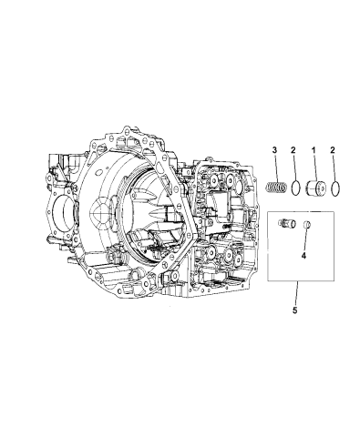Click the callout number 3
point(274,149)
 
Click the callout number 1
point(314,149)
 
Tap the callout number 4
point(303,256)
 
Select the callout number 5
point(294,310)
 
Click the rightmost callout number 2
point(333,149)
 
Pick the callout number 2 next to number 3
point(293,149)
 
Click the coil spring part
point(276,187)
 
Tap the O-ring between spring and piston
point(296,188)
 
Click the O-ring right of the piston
point(334,189)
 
